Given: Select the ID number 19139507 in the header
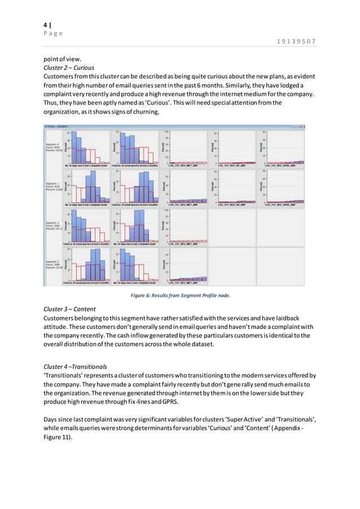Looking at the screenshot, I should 297,41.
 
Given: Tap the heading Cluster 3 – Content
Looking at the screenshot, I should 70,309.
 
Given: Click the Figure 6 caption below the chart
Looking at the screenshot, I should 181,295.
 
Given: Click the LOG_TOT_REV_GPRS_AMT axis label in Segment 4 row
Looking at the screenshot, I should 280,165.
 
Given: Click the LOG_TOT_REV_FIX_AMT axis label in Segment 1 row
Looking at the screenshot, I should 231,205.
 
